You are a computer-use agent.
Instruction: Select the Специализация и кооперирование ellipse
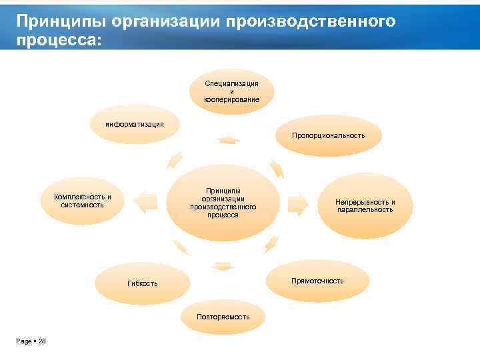pos(231,91)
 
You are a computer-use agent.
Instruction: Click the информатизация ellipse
pos(135,125)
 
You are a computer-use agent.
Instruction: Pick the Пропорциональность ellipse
pos(327,135)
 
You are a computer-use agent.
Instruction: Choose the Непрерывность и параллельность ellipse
pos(365,205)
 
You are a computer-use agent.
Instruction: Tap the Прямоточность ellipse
pos(317,281)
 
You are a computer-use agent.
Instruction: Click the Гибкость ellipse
pos(143,283)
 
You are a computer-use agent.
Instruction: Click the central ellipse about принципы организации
pos(223,203)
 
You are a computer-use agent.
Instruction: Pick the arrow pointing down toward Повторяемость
pos(223,267)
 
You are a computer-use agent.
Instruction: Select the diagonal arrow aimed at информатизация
pos(175,159)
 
